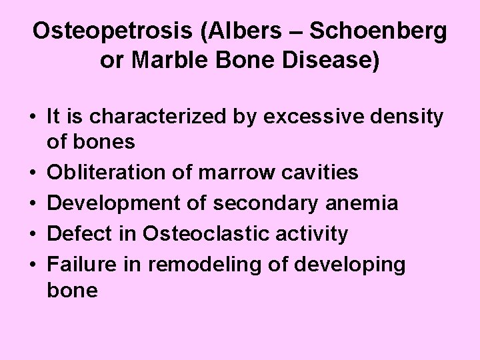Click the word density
pos(408,118)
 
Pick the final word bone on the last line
pos(73,291)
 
